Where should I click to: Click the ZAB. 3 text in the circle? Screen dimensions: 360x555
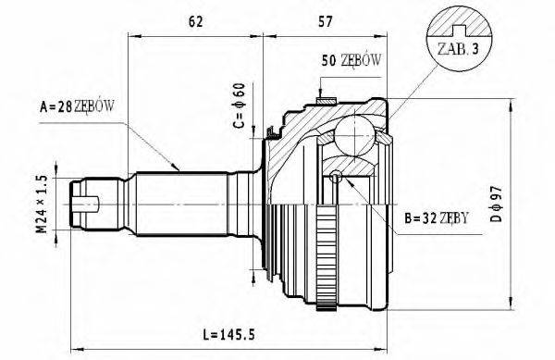point(451,50)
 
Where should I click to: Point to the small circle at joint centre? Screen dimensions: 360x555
point(336,176)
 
